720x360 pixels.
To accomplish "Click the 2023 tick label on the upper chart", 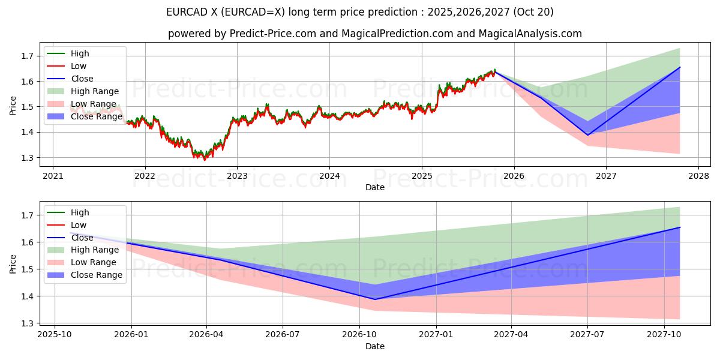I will pyautogui.click(x=237, y=176).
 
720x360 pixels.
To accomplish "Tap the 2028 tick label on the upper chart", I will pyautogui.click(x=698, y=176).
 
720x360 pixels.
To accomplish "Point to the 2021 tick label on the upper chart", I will pyautogui.click(x=53, y=176).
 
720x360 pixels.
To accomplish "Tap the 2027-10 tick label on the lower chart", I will pyautogui.click(x=664, y=335).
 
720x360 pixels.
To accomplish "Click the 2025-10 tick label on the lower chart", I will pyautogui.click(x=55, y=335).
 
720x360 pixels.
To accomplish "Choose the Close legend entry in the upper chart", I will pyautogui.click(x=82, y=79).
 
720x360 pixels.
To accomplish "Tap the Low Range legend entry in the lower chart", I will pyautogui.click(x=94, y=262).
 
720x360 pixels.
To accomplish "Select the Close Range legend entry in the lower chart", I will pyautogui.click(x=97, y=275).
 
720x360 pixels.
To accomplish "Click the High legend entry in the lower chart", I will pyautogui.click(x=80, y=212).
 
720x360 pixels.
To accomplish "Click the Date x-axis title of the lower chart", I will pyautogui.click(x=375, y=346).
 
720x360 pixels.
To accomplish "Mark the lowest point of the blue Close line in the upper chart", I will pyautogui.click(x=587, y=135).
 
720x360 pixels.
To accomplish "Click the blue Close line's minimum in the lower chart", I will pyautogui.click(x=376, y=299).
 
